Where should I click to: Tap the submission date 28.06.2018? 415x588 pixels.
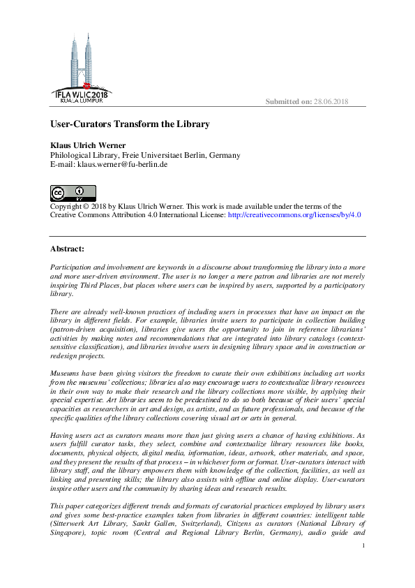tap(331, 102)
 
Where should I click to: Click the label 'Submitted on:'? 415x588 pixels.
tap(288, 102)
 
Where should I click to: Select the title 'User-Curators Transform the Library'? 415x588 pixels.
tap(130, 124)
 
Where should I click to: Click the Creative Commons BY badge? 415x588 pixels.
tap(73, 193)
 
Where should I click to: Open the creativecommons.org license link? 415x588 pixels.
tap(294, 215)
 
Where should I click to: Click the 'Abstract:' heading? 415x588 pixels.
tap(67, 249)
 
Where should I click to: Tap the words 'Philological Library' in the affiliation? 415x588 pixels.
tap(83, 155)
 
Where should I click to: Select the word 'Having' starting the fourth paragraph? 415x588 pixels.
tap(63, 434)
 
